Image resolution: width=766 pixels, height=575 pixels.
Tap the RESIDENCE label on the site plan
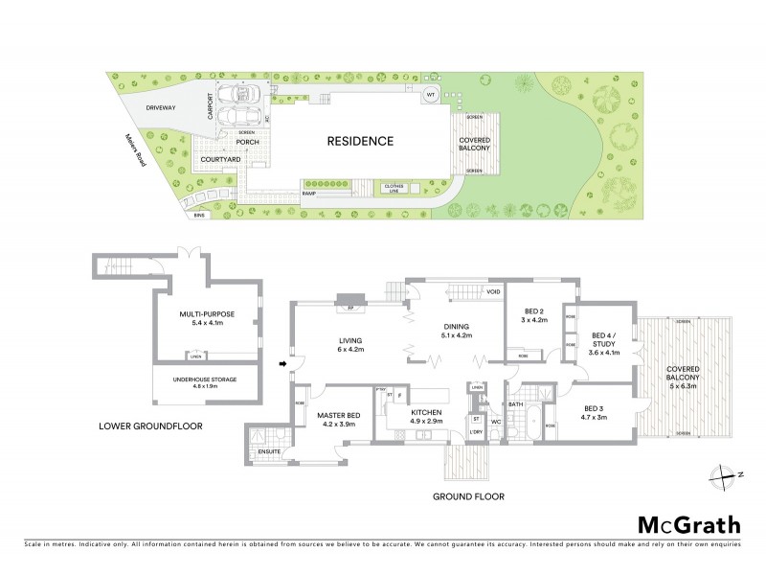360,141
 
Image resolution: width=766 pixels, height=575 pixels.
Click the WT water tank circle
431,95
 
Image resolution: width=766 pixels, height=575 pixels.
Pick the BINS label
199,216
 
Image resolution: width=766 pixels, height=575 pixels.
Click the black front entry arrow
282,363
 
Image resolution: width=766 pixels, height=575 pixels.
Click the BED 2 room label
534,310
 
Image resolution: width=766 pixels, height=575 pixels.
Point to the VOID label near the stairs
494,291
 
